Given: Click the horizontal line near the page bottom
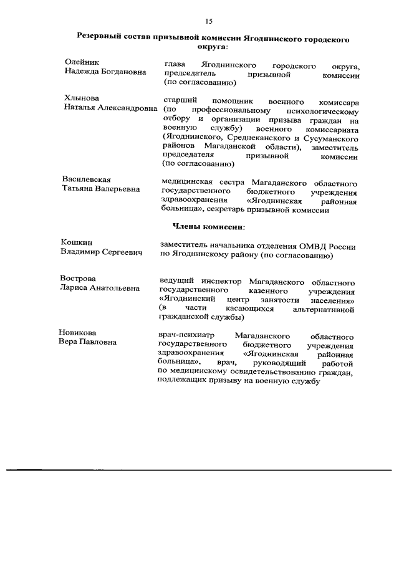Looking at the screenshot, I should point(199,469).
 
